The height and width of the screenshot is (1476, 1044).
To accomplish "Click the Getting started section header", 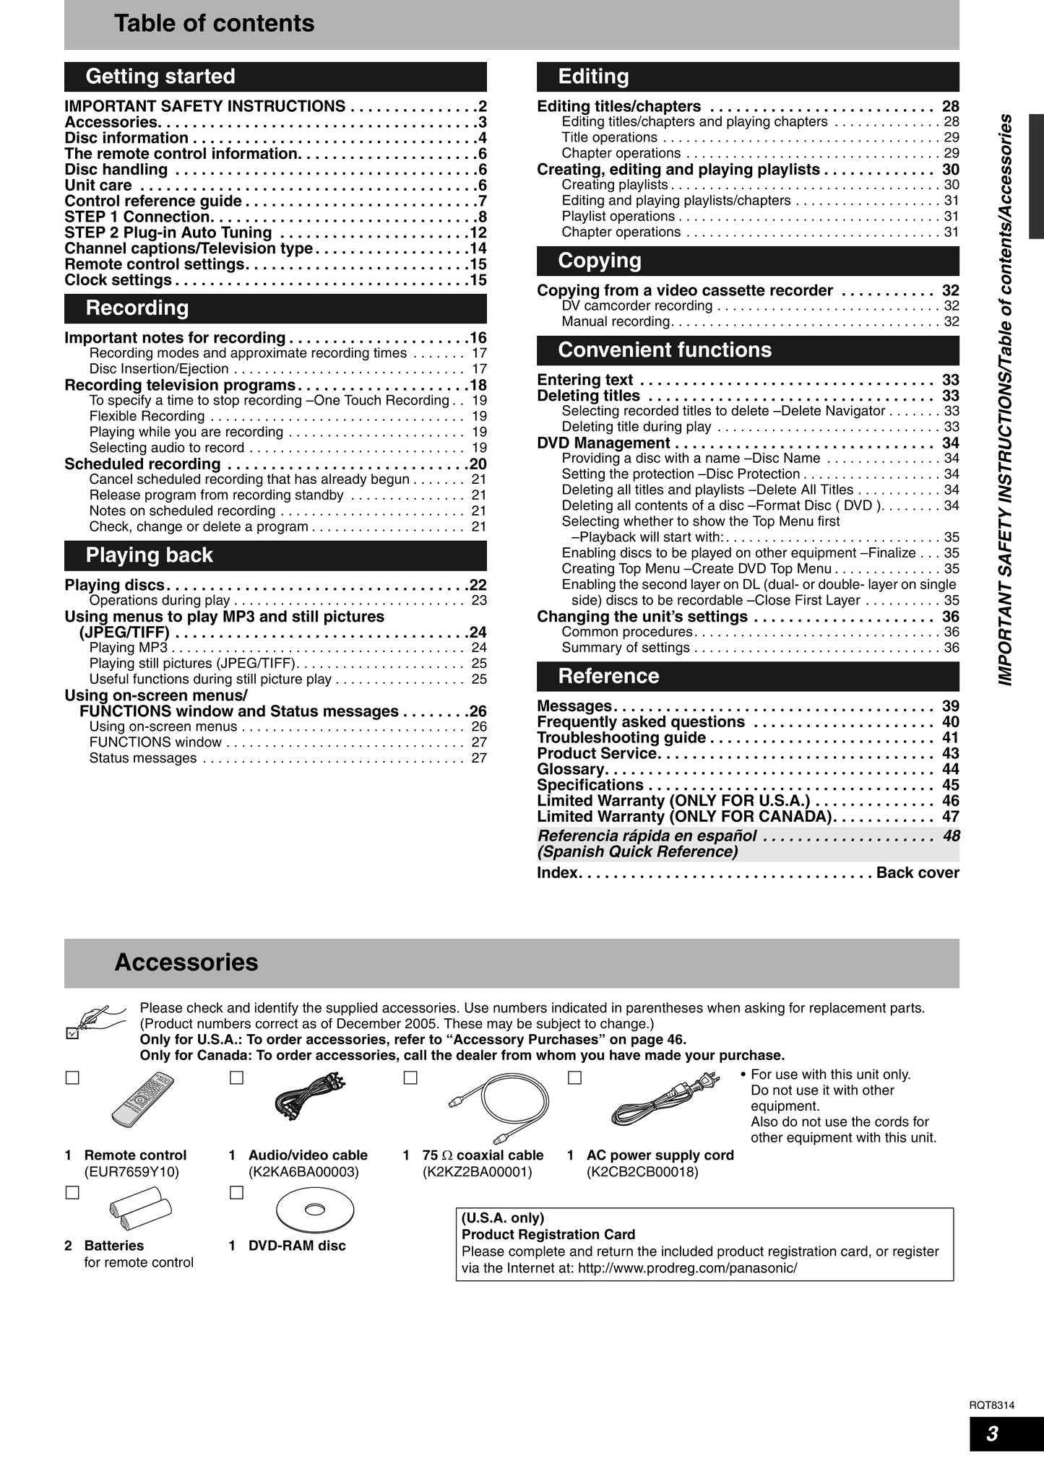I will [x=275, y=77].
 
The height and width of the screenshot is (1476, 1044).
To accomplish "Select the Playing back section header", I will [x=275, y=555].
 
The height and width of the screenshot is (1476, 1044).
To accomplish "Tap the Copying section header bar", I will [x=748, y=261].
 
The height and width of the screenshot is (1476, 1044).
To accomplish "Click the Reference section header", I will [x=748, y=677].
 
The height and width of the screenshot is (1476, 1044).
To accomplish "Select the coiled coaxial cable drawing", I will [x=499, y=1103].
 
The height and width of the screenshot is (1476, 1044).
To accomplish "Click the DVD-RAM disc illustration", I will [x=316, y=1211].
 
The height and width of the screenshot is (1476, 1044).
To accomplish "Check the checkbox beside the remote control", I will [x=72, y=1078].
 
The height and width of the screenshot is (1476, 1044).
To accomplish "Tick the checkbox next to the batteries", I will [x=72, y=1193].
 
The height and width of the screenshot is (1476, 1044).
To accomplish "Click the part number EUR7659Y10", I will [x=131, y=1172].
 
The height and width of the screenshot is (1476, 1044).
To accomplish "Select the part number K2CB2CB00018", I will [x=643, y=1172].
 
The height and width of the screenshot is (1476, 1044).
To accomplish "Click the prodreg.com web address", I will [x=687, y=1268].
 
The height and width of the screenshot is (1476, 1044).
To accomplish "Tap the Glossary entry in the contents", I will [x=571, y=769].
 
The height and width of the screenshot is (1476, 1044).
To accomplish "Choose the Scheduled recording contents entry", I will [x=142, y=464].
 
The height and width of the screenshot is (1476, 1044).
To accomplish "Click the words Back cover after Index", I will [x=918, y=872].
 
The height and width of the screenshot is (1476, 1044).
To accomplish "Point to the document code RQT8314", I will [x=991, y=1405].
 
